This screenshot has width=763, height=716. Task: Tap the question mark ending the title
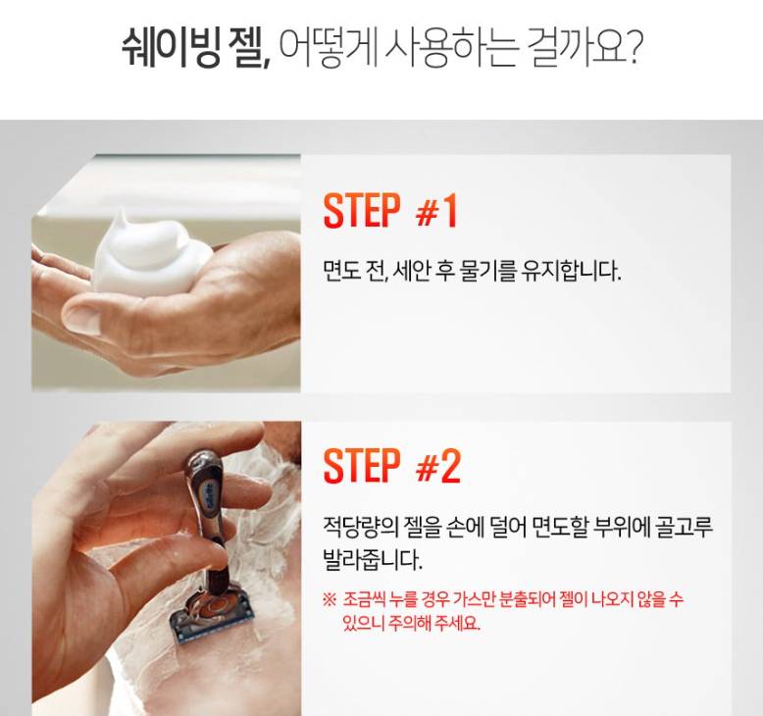coord(632,47)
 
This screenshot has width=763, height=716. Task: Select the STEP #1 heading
coord(390,210)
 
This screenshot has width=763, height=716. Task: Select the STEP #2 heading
coord(391,466)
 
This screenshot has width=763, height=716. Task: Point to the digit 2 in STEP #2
coord(449,466)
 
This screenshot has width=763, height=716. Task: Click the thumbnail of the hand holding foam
coord(166,273)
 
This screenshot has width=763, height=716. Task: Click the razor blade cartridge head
coord(212,615)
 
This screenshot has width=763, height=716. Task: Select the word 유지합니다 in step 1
coord(571,271)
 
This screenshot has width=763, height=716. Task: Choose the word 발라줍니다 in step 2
coord(373,560)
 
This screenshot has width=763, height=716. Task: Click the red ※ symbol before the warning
coord(330,598)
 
